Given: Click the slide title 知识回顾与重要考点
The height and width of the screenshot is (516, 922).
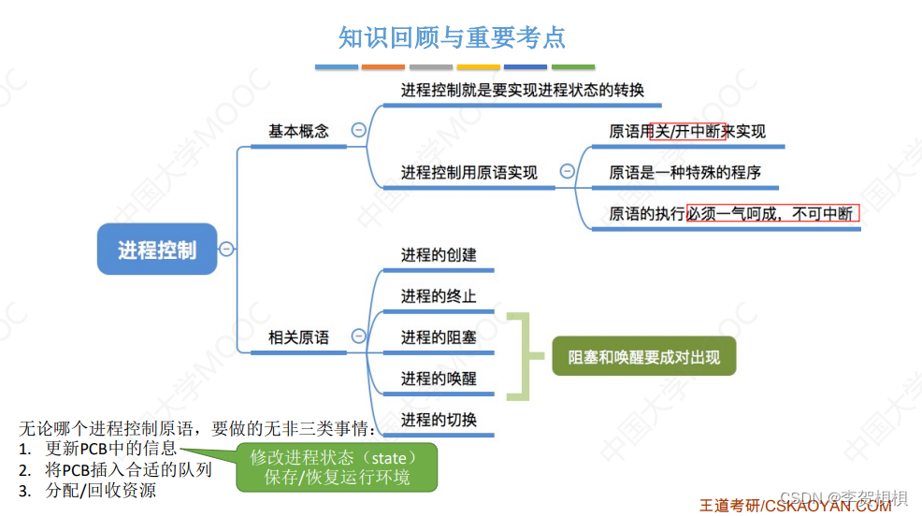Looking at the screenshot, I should pyautogui.click(x=452, y=37).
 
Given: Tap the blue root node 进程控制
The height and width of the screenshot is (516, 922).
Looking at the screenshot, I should pyautogui.click(x=157, y=250).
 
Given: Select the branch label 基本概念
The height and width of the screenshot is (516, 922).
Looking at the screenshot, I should pyautogui.click(x=298, y=131).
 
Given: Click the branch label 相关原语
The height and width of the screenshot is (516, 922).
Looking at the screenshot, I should pyautogui.click(x=298, y=337).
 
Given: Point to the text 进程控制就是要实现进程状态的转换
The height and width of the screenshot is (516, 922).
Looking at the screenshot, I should pyautogui.click(x=522, y=91).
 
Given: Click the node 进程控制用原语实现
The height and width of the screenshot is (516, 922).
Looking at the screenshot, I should pyautogui.click(x=468, y=172).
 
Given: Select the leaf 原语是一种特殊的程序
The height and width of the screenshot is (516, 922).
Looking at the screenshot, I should pyautogui.click(x=684, y=172).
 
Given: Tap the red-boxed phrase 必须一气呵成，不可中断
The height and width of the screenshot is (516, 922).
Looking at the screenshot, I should pyautogui.click(x=772, y=213).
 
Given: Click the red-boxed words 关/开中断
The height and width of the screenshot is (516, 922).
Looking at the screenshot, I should pyautogui.click(x=688, y=132).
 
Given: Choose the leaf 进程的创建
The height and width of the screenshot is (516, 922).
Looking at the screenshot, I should pyautogui.click(x=439, y=255).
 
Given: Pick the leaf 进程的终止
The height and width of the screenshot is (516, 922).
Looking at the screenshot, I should pyautogui.click(x=439, y=296).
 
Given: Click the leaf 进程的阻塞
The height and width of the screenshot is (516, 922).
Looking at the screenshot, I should pyautogui.click(x=439, y=337).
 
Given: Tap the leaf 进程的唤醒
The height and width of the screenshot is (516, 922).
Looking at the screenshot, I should pyautogui.click(x=439, y=379).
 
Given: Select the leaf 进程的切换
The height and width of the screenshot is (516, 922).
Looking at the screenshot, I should pyautogui.click(x=439, y=420).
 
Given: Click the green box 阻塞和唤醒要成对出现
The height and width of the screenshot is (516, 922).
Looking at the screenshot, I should pyautogui.click(x=644, y=357).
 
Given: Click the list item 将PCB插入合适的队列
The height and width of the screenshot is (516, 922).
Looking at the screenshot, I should pyautogui.click(x=128, y=469).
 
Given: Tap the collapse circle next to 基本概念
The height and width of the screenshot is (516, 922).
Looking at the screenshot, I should pyautogui.click(x=358, y=131).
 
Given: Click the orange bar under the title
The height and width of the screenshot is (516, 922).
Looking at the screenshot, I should pyautogui.click(x=383, y=67).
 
